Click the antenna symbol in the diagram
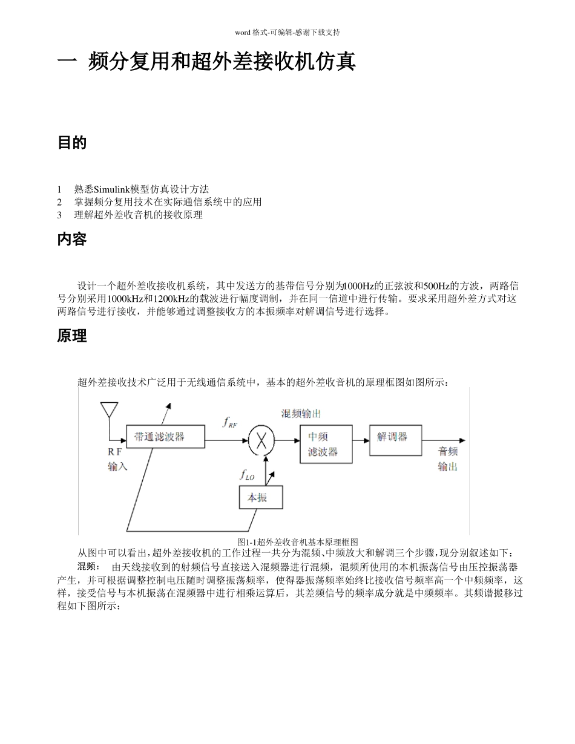tap(110, 411)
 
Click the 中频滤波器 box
tap(326, 444)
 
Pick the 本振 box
tap(260, 497)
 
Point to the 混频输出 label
tap(301, 414)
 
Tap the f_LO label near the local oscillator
tap(248, 475)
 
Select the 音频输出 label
tap(448, 459)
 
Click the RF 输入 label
tap(117, 459)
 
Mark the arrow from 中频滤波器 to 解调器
tap(361, 440)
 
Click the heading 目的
tap(72, 143)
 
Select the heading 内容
tap(72, 240)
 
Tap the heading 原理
tap(72, 336)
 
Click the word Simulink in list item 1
tap(111, 189)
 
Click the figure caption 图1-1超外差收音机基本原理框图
tap(298, 541)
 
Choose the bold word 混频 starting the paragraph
tap(88, 567)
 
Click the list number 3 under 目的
tap(59, 215)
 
